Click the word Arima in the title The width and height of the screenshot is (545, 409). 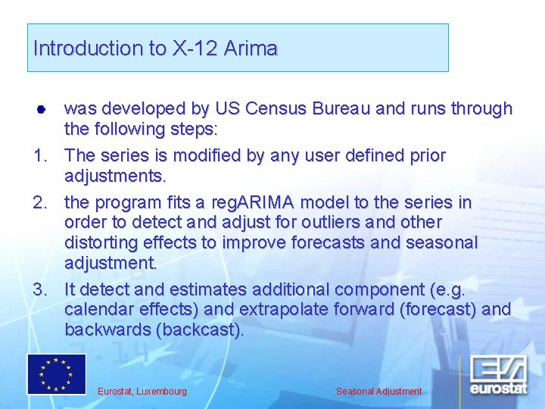(251, 48)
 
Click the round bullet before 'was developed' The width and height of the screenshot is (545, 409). (41, 110)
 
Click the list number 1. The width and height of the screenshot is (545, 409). (40, 155)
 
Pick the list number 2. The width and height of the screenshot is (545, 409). (40, 202)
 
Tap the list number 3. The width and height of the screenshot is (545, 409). (40, 289)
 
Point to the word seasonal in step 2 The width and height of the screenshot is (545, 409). (442, 242)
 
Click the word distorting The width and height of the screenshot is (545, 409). (101, 243)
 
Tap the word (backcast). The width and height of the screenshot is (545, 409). (199, 330)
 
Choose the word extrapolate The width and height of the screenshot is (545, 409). (284, 310)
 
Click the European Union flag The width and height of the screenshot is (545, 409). (57, 374)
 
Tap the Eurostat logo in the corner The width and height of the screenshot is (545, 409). (498, 375)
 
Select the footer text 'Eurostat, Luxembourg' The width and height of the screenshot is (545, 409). (142, 392)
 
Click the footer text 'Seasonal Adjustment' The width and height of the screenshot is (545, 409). (379, 392)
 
